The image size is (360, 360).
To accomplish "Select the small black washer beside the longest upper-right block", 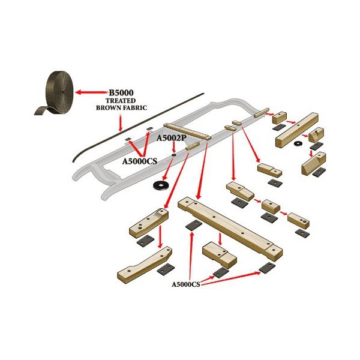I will pos(298,144).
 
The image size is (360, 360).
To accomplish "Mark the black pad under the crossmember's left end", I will pos(192,226).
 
